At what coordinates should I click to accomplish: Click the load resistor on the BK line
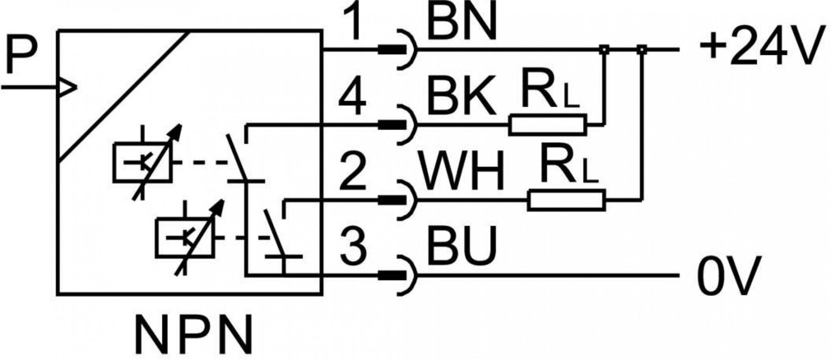(x=548, y=125)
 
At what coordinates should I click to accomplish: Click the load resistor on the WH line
(x=567, y=200)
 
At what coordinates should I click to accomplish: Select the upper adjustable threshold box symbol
(x=147, y=162)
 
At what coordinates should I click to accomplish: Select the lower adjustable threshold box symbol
(x=189, y=237)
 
